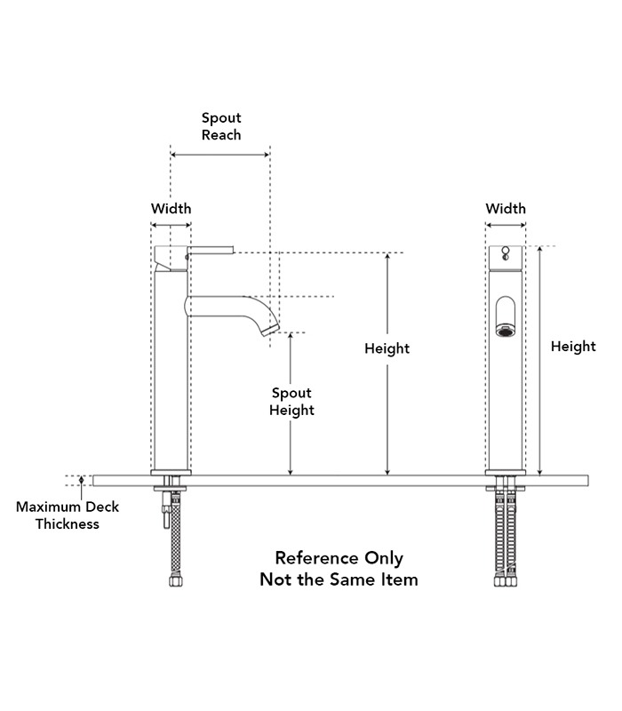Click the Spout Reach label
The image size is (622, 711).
coord(221,126)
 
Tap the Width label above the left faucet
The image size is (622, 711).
coord(171,209)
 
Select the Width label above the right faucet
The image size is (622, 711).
coord(506,209)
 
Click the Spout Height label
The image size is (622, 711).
coord(291,402)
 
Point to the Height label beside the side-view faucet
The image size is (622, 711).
coord(387,348)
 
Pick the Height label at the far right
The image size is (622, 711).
coord(573,347)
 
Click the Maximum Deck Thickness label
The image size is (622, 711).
coord(68,515)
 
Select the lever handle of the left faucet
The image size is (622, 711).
coord(211,250)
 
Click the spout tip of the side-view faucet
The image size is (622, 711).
coord(271,330)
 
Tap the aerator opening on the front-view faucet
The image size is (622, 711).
coord(505,331)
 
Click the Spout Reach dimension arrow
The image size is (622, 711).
coord(220,155)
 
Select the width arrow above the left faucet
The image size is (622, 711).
coord(171,225)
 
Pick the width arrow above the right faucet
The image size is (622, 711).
coord(506,225)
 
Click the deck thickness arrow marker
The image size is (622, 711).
coord(81,480)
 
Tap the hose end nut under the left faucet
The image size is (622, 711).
coord(175,581)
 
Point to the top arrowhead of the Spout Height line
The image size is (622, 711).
coord(291,336)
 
